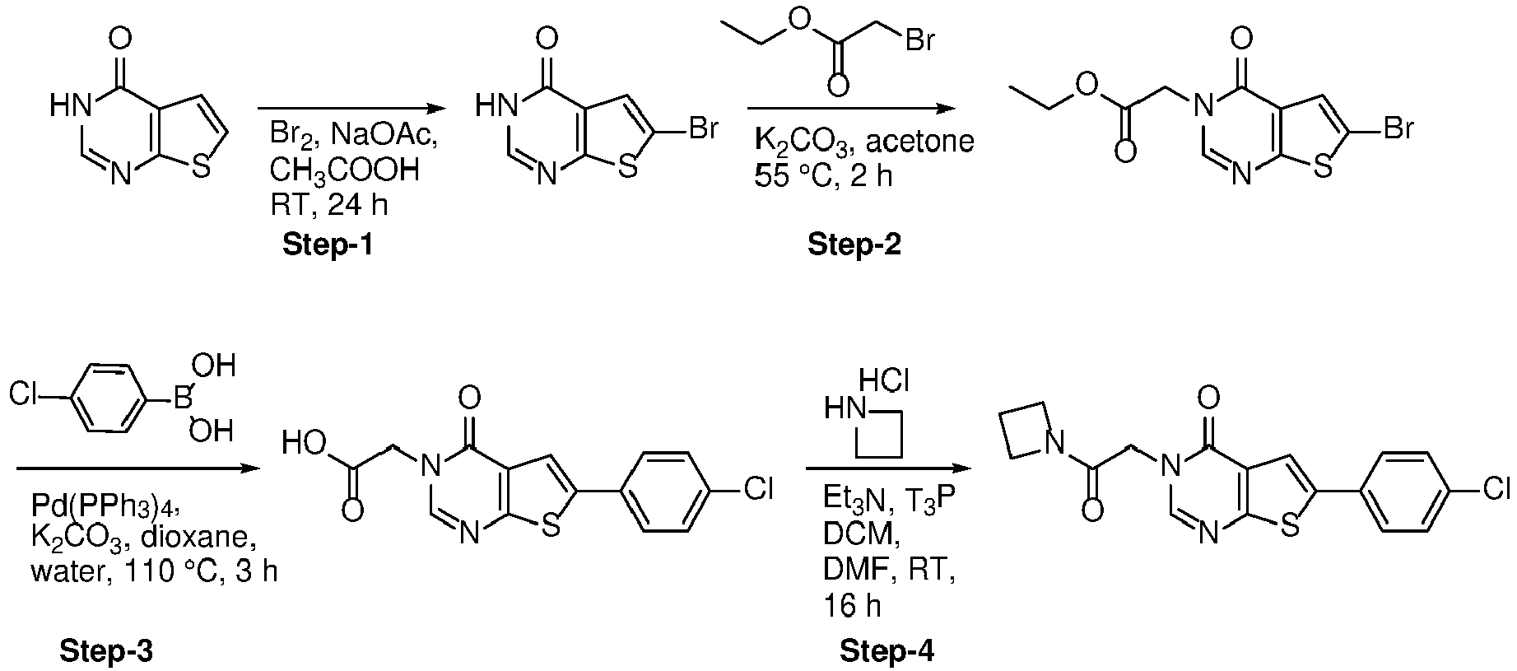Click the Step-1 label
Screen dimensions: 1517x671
[x=328, y=244]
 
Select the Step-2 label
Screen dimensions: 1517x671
[x=854, y=244]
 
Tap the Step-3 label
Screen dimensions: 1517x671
[x=106, y=651]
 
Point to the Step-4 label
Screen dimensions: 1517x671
[x=887, y=651]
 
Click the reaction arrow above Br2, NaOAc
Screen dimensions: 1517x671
[x=351, y=109]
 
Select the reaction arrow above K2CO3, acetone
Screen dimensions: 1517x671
[x=852, y=109]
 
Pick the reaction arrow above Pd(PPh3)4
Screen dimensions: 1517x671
[x=138, y=468]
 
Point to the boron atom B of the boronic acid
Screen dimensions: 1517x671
[x=180, y=401]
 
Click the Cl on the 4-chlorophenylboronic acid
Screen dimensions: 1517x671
[x=26, y=396]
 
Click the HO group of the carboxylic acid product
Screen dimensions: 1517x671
[x=303, y=445]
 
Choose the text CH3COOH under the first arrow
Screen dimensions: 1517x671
[x=345, y=172]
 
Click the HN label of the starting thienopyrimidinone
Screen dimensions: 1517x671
[x=70, y=105]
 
